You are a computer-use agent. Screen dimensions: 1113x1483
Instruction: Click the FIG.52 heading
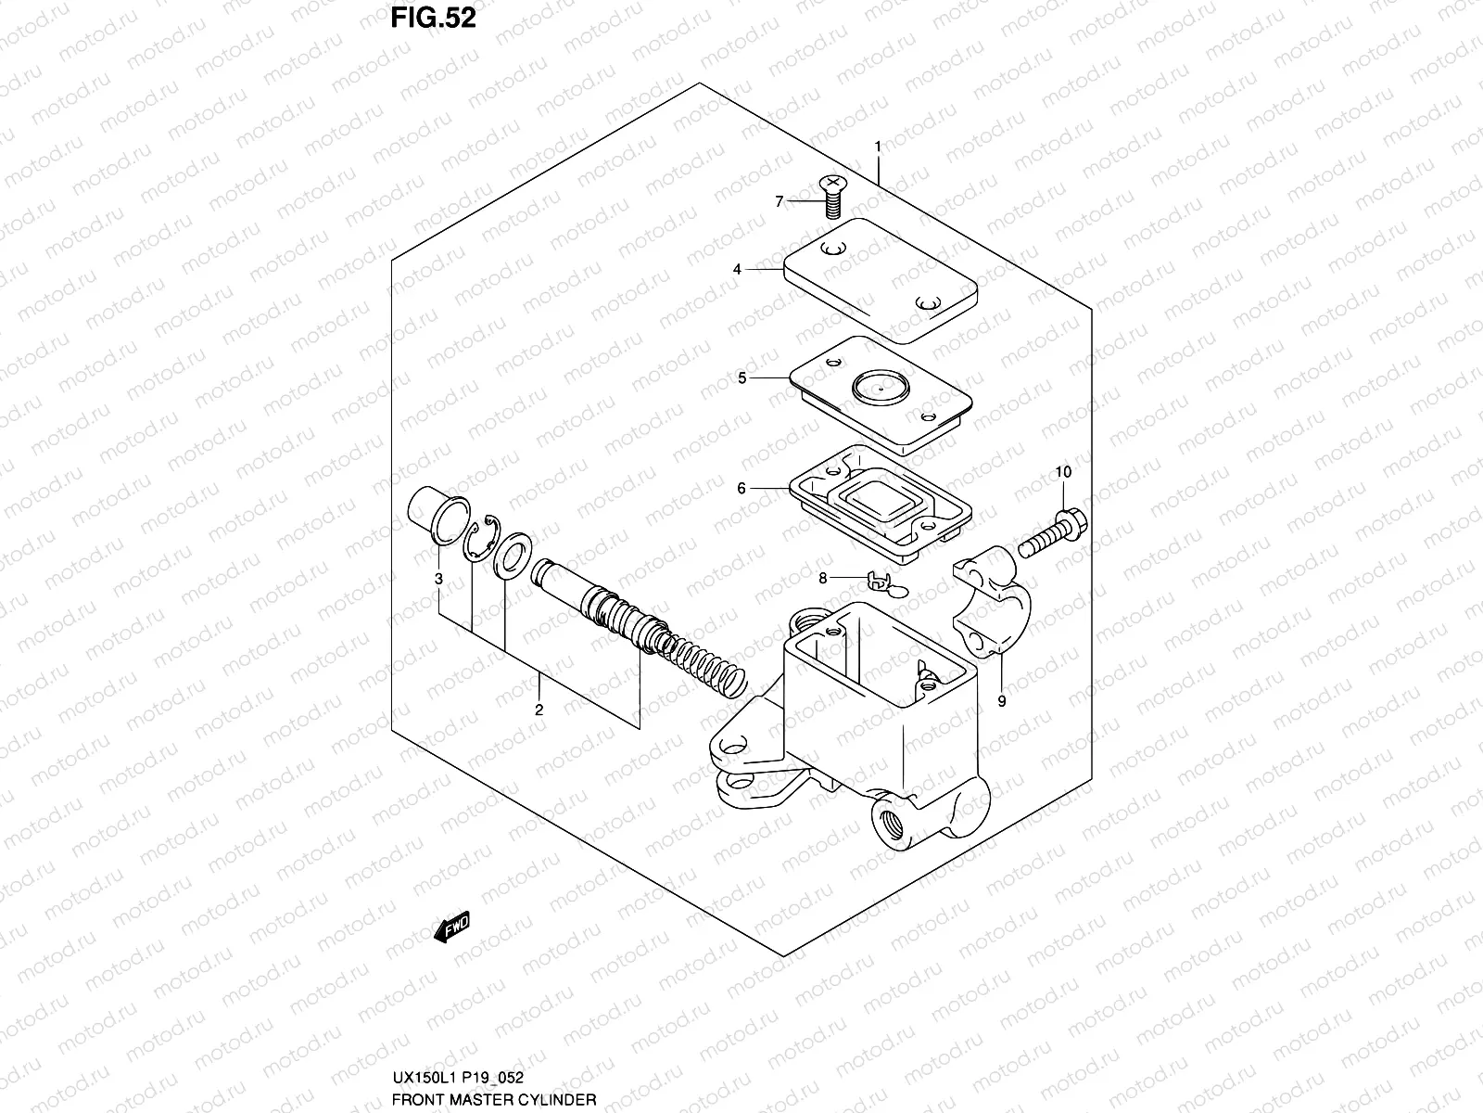(x=433, y=18)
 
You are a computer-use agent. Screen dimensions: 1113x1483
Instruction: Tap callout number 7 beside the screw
(x=780, y=201)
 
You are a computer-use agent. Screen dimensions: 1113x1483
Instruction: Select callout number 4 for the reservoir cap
(x=737, y=270)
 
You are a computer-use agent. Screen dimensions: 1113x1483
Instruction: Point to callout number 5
(x=741, y=378)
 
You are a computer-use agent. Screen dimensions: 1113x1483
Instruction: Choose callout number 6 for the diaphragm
(x=741, y=488)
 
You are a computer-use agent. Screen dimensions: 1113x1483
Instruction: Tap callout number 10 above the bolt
(x=1063, y=472)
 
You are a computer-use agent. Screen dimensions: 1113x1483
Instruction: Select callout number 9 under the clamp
(x=1001, y=701)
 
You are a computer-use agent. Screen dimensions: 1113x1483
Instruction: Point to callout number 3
(x=439, y=580)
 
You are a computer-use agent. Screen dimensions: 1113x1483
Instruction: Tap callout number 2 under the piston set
(x=538, y=710)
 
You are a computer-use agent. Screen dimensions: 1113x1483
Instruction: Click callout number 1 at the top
(x=877, y=147)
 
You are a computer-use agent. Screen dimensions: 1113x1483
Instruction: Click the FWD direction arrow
(x=452, y=927)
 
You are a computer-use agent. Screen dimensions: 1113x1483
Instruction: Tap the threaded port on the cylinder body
(x=891, y=821)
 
